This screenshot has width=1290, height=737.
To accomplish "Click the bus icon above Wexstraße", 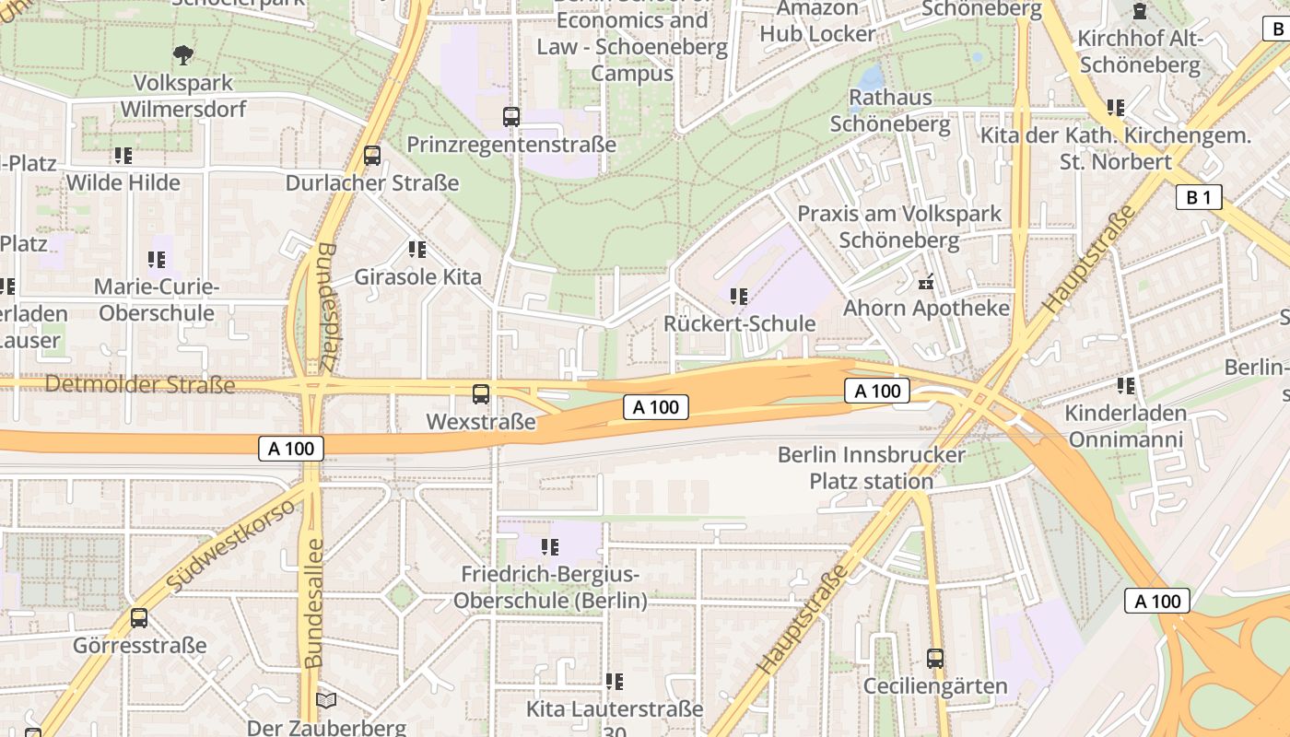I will click(x=480, y=394).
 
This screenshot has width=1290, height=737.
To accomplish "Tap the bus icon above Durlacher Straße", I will click(x=372, y=155).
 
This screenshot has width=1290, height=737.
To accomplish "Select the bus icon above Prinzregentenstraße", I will click(x=511, y=117).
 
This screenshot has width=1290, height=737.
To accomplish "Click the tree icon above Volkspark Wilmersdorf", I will click(x=183, y=54).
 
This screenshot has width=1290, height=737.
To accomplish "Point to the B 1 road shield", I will click(x=1199, y=196).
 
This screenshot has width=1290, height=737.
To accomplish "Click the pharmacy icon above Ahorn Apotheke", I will click(x=927, y=281).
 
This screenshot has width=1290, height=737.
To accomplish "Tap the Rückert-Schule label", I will click(x=739, y=323).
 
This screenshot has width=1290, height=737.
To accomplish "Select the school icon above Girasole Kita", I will click(x=417, y=249).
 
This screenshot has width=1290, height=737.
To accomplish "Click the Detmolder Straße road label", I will click(x=140, y=383).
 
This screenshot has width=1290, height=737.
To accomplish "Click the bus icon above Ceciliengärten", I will click(x=935, y=659).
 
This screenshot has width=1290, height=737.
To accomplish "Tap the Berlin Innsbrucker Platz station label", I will click(x=871, y=467).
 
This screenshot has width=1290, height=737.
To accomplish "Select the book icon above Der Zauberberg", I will click(x=326, y=700).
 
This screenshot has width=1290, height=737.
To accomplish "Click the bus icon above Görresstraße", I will click(x=139, y=618).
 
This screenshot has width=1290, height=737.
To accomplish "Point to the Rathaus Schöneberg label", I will click(x=890, y=110).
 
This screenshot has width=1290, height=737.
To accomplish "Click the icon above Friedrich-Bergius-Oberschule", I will click(x=550, y=547).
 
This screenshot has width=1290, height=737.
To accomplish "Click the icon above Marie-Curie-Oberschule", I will click(x=157, y=261).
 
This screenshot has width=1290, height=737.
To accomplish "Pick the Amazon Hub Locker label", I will click(x=817, y=21).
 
